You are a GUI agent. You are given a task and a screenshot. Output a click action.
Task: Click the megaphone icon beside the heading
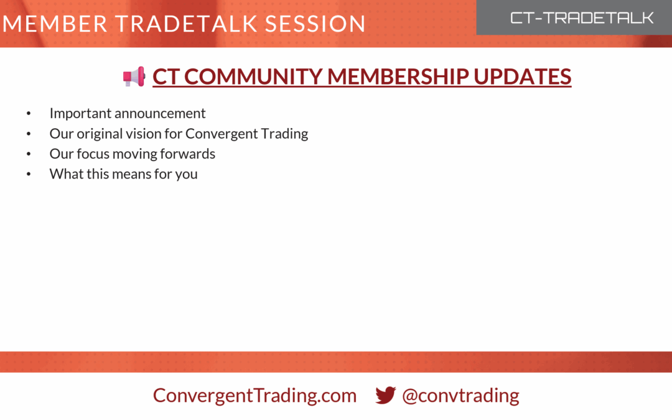click(x=134, y=77)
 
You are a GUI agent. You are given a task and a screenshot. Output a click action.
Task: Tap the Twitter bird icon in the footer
click(x=385, y=394)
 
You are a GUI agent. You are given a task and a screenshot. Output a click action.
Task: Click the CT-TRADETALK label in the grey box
click(x=582, y=18)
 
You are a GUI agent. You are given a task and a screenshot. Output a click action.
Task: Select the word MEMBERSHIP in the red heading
click(x=398, y=77)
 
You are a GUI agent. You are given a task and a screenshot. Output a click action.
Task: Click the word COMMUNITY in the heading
click(x=253, y=77)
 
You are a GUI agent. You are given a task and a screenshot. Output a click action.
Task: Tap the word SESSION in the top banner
click(x=315, y=24)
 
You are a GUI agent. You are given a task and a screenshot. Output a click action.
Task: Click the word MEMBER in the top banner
click(x=55, y=24)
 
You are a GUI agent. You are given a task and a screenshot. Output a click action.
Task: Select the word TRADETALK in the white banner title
click(x=187, y=24)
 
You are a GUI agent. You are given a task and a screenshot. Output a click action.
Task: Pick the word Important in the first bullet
click(x=80, y=114)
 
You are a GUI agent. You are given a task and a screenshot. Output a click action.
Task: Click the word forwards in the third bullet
click(x=188, y=154)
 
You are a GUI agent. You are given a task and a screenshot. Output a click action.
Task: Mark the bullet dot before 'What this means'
click(x=29, y=174)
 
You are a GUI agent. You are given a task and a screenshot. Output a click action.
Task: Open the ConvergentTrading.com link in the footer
click(x=254, y=395)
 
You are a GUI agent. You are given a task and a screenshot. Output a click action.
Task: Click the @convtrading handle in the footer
click(x=460, y=395)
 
